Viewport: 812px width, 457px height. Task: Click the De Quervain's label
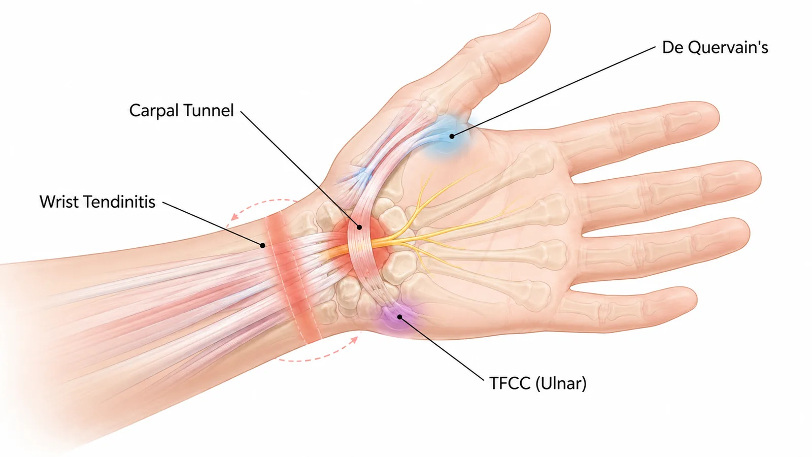[715, 48]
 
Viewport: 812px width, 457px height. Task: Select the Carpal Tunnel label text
[181, 111]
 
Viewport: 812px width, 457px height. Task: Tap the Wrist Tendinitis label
[97, 202]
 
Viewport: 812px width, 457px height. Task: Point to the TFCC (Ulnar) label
[537, 383]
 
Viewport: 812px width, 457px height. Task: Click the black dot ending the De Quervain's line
[452, 137]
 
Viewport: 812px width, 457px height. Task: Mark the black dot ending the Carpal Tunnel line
[359, 227]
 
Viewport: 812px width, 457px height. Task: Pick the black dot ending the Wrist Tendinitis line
[262, 246]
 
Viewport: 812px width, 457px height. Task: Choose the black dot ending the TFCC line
[399, 317]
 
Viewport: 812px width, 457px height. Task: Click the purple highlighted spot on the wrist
[397, 317]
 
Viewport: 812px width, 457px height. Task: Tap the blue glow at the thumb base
[448, 136]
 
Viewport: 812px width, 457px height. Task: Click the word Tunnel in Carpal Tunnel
[209, 111]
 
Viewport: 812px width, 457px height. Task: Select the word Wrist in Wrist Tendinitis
[58, 202]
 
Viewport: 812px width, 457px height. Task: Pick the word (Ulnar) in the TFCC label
[561, 383]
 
